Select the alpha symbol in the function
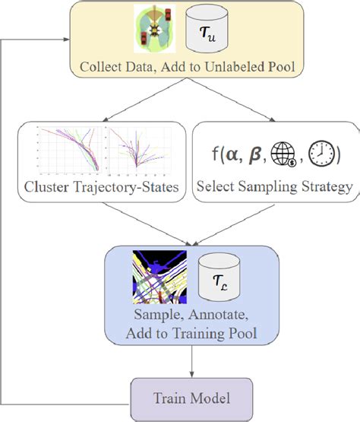[x=231, y=155]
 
